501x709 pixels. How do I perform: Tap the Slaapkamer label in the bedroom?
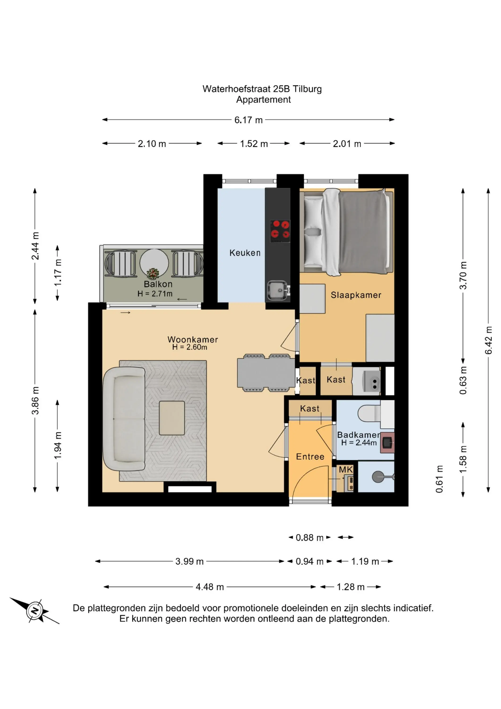[356, 295]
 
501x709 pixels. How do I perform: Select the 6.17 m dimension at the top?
[248, 120]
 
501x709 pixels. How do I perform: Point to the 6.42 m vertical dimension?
[488, 340]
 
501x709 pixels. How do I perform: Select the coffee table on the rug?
[172, 418]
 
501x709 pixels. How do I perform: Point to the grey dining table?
[266, 373]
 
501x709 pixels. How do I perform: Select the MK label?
[346, 470]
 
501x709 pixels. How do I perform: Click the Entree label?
[310, 457]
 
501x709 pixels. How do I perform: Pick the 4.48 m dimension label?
[210, 587]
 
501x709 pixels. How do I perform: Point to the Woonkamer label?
[193, 339]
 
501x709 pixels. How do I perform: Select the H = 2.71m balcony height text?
[155, 294]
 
